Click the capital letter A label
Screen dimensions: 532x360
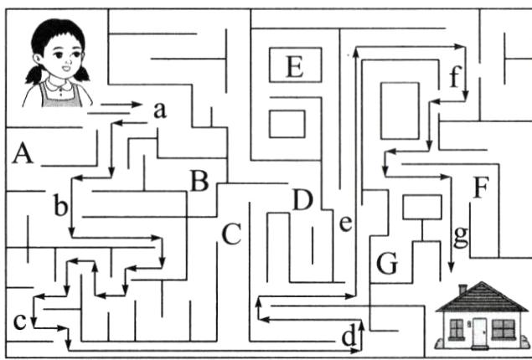(x=23, y=153)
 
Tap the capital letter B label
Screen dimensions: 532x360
(x=199, y=180)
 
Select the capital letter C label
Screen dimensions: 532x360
(x=231, y=235)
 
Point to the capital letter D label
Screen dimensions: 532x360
(x=302, y=200)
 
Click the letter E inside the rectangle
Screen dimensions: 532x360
(x=294, y=65)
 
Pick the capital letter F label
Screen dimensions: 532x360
(x=479, y=188)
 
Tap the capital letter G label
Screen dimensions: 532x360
(x=386, y=263)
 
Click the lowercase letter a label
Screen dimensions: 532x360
(x=160, y=109)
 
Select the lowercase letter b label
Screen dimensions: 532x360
(x=60, y=207)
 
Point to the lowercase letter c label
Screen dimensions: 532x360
(x=20, y=319)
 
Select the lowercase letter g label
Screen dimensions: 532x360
(x=459, y=237)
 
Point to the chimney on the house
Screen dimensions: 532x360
(x=462, y=289)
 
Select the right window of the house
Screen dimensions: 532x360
(x=504, y=327)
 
